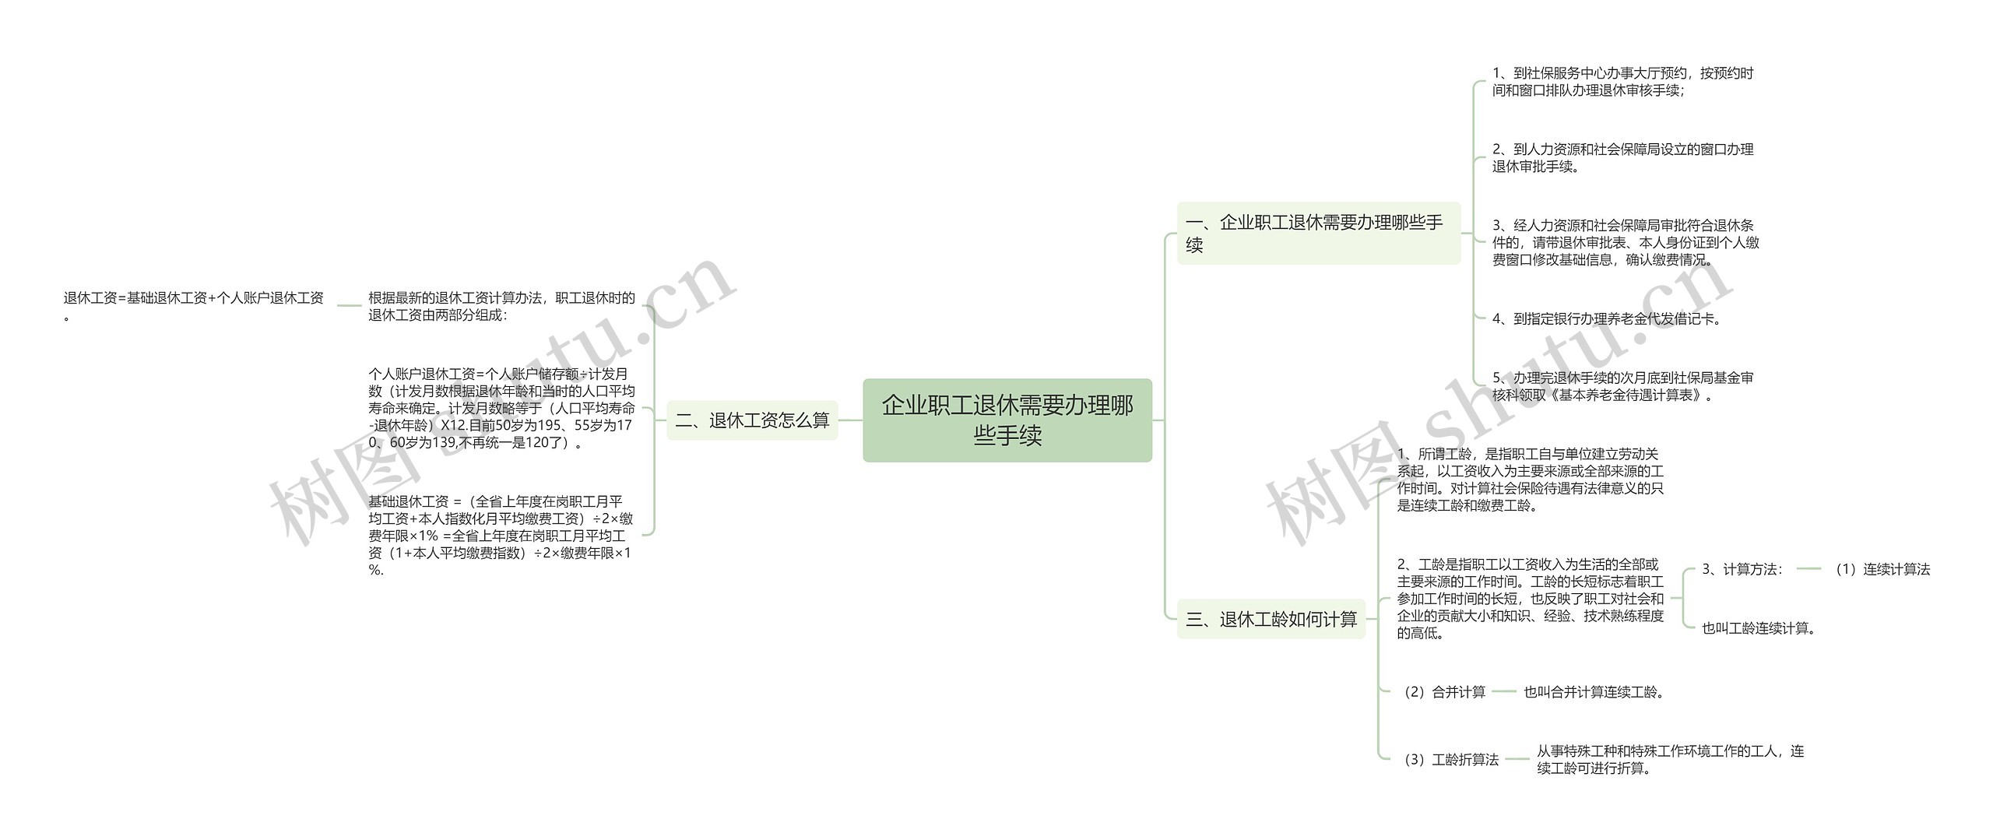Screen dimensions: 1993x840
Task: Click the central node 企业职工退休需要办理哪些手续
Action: pos(1007,420)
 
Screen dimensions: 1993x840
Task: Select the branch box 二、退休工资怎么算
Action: pos(752,420)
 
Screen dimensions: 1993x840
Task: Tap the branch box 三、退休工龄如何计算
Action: pos(1271,619)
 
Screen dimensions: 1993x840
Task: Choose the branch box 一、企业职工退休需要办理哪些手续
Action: pos(1318,233)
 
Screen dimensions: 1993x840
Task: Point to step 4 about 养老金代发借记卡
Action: pos(1607,318)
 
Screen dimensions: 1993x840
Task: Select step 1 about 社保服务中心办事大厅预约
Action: pos(1622,82)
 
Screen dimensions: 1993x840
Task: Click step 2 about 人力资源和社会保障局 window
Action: pos(1622,157)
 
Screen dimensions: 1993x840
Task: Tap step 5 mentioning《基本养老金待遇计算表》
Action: pos(1622,386)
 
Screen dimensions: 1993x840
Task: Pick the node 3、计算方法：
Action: pos(1742,569)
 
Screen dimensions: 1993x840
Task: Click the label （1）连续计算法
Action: pos(1882,569)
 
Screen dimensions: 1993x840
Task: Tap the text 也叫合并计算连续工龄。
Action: pos(1594,691)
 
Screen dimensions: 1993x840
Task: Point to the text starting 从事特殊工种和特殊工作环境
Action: pos(1670,759)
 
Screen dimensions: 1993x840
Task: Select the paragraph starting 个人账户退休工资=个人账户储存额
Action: pos(501,409)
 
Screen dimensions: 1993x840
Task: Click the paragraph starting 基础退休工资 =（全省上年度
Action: pos(501,535)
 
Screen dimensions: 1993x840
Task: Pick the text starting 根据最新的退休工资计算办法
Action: pos(501,306)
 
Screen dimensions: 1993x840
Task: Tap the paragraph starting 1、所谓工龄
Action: pos(1530,479)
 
